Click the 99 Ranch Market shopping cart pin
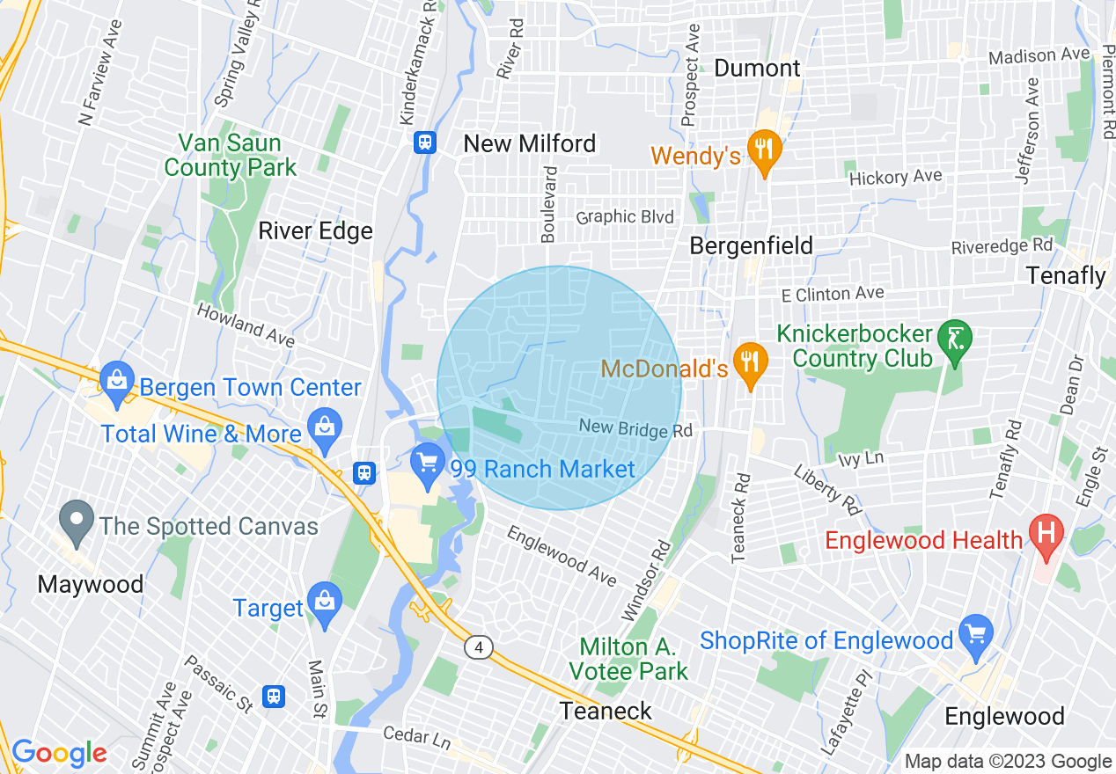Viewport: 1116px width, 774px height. tap(429, 464)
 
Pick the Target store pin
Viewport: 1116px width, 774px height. tap(325, 602)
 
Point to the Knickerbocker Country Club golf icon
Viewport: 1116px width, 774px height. tap(955, 339)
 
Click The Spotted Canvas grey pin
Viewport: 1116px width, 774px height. tap(77, 521)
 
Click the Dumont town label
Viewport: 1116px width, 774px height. tap(757, 68)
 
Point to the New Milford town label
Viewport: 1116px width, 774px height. tap(530, 143)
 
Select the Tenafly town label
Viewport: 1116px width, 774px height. tap(1066, 275)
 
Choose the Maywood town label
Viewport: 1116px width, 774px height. tap(91, 584)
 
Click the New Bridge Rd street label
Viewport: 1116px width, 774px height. tap(636, 429)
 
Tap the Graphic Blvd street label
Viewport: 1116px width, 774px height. tap(625, 217)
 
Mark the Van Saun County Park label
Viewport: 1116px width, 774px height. tap(231, 155)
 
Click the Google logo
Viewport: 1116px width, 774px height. tap(59, 753)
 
